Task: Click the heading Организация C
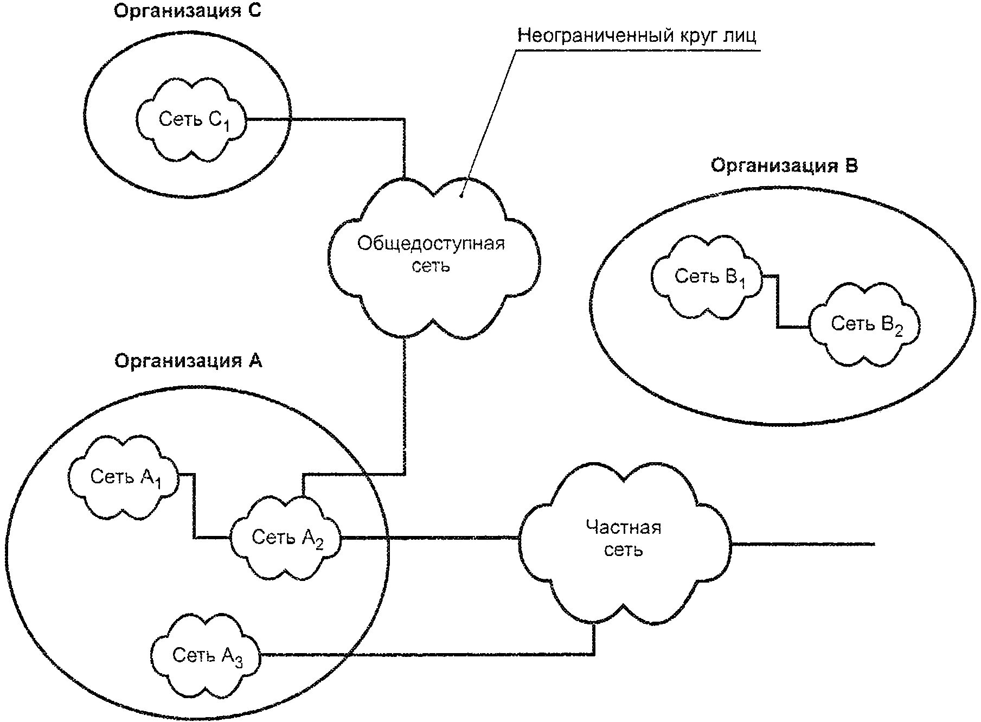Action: click(187, 12)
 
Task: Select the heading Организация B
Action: click(784, 165)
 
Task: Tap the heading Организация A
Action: click(188, 361)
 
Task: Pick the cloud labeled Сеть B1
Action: click(707, 277)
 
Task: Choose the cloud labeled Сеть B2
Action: click(864, 324)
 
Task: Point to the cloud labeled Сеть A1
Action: click(124, 477)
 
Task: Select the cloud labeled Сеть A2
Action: click(286, 538)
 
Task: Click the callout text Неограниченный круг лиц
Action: click(637, 35)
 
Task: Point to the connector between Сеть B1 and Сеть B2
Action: click(778, 302)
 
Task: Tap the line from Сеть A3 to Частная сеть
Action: click(427, 654)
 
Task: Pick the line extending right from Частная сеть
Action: click(803, 544)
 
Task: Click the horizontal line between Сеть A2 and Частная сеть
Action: click(430, 538)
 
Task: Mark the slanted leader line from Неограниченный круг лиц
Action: click(489, 123)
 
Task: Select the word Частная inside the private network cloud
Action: click(624, 527)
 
